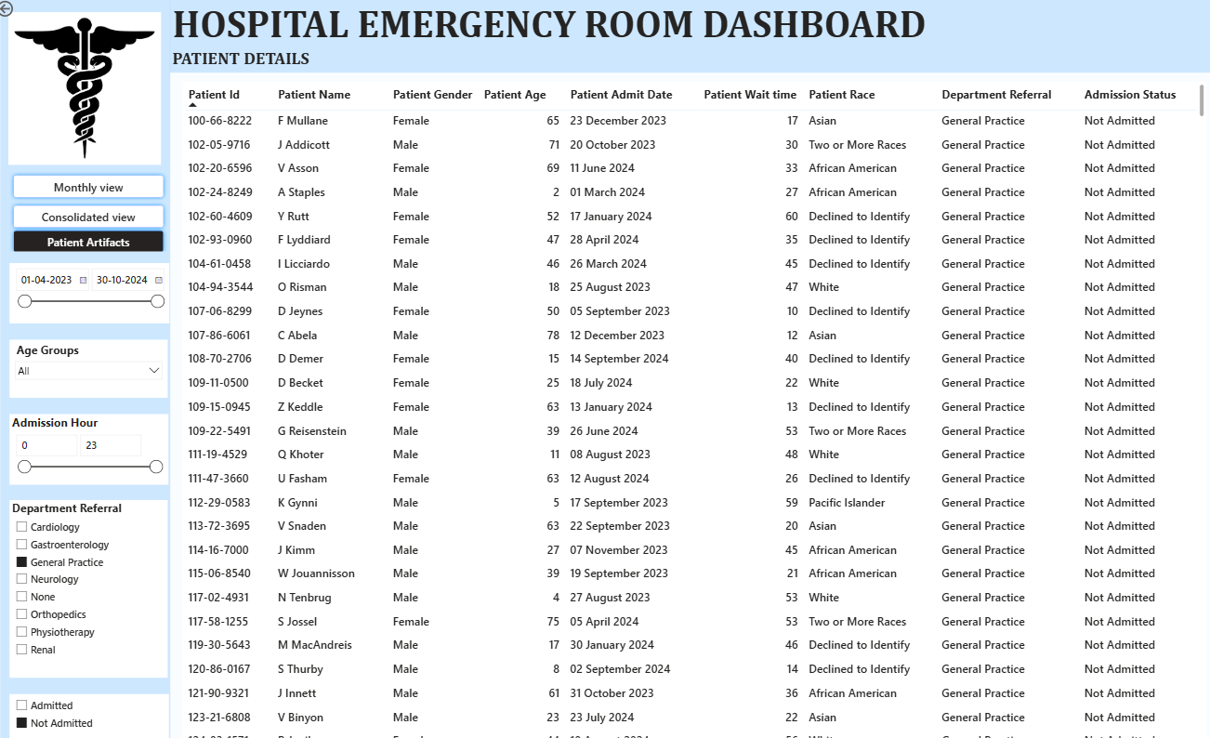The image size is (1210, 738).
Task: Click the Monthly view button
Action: pos(88,187)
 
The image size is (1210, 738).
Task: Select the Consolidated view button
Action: pos(88,217)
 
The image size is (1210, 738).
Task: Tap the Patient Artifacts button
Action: pos(88,242)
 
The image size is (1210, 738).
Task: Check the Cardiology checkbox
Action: pos(22,527)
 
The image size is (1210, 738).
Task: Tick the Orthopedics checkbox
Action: pos(22,614)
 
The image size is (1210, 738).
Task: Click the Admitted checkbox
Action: pos(22,705)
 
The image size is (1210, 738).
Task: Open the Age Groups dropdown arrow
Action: pos(154,371)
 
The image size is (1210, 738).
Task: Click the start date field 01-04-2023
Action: pos(46,280)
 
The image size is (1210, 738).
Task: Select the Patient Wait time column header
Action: pos(749,95)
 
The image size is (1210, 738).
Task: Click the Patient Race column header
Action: pos(841,95)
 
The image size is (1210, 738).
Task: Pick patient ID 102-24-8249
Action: pos(219,192)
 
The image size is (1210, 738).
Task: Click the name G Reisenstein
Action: pos(311,431)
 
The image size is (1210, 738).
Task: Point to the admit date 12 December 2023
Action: pos(617,336)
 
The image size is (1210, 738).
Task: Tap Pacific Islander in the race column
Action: pos(847,503)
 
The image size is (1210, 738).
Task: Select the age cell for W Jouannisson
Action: pos(554,573)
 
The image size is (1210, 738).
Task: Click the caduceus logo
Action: pos(85,88)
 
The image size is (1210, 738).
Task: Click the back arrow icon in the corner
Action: pos(7,7)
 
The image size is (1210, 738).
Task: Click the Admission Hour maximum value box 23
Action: pos(110,445)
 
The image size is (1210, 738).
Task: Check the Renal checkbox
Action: pos(22,650)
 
